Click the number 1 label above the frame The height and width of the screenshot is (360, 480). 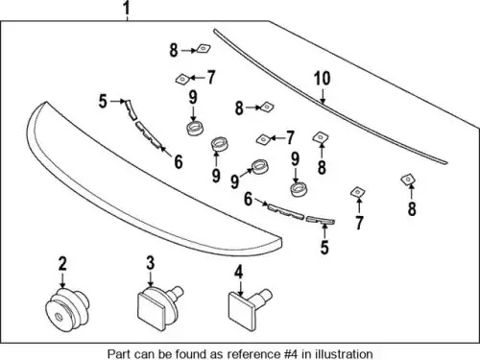127,9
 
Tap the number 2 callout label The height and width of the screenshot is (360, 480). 62,263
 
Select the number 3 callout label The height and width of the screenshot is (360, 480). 151,263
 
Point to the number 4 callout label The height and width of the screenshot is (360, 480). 238,272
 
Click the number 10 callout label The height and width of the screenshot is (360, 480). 323,79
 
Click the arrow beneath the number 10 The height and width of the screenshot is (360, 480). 324,97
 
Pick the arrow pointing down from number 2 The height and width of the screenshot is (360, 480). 62,280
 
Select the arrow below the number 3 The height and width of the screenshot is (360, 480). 151,279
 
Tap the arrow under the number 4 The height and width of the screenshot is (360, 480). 239,288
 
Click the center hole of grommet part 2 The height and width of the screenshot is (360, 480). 59,317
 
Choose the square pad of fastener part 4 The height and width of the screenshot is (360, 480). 241,307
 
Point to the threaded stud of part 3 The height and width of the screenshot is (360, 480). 176,293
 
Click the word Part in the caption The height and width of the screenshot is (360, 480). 118,354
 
